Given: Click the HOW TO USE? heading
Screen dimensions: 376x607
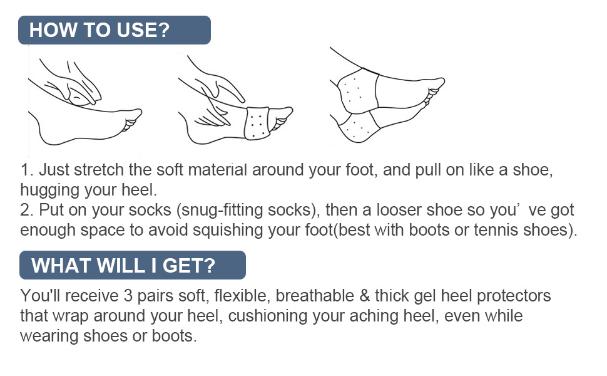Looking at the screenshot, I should click(x=99, y=30).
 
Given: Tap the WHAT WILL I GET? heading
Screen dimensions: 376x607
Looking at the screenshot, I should click(x=123, y=265).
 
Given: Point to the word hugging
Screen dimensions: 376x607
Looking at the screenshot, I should click(x=49, y=189).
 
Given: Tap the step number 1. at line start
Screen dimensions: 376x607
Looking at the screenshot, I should click(x=26, y=170).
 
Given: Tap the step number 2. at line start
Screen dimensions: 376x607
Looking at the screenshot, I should click(x=27, y=210).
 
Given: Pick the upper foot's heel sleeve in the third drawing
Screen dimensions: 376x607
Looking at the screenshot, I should click(x=355, y=90).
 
